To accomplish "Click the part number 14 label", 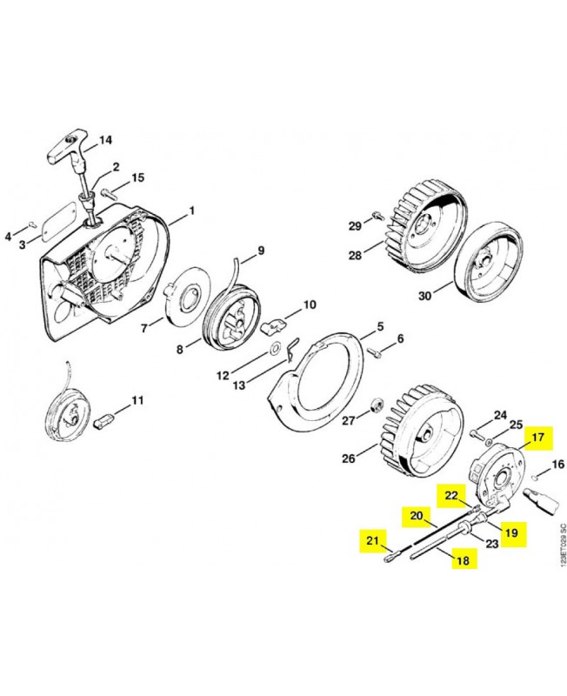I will [x=106, y=140].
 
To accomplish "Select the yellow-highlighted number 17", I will [x=537, y=437].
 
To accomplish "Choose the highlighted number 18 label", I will [x=464, y=561].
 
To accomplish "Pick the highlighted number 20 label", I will [x=416, y=516].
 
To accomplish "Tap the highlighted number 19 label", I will [x=510, y=532].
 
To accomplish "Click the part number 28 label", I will [x=354, y=255].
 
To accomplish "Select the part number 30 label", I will [x=425, y=296].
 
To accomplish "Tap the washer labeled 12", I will [x=275, y=349].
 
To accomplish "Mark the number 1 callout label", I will [x=192, y=211].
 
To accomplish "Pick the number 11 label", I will [x=137, y=401].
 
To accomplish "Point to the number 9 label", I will [x=259, y=253].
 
